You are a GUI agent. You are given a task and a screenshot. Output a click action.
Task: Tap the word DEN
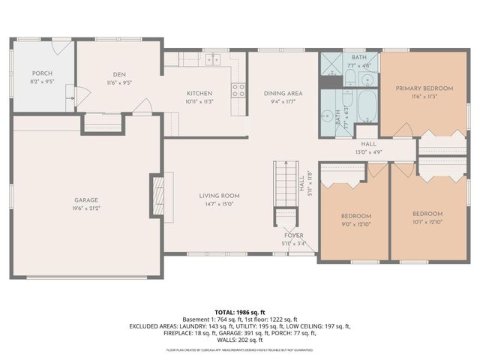[x=118, y=73]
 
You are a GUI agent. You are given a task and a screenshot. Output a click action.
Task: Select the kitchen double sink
[x=212, y=59]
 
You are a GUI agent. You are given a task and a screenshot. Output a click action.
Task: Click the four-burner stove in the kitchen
[x=238, y=90]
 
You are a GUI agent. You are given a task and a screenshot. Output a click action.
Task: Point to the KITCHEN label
[x=199, y=93]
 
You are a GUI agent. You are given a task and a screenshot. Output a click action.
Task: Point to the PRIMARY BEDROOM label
[x=424, y=88]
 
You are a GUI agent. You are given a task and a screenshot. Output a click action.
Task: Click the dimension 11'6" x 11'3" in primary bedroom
[x=424, y=96]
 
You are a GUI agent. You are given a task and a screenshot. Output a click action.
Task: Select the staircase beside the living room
[x=285, y=183]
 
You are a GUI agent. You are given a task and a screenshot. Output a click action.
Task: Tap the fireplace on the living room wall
[x=157, y=195]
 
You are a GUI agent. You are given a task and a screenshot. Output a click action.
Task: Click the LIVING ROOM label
[x=219, y=196]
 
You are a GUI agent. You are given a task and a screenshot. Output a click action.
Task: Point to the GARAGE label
[x=86, y=199]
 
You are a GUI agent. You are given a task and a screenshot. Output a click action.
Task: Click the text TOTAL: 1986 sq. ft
[x=240, y=310]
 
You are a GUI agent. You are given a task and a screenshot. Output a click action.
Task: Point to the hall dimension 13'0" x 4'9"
[x=369, y=151]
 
